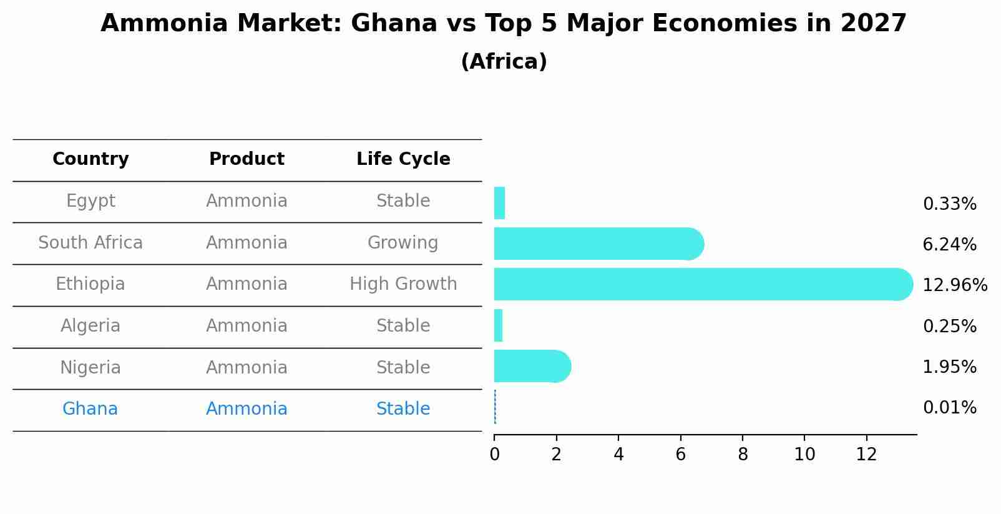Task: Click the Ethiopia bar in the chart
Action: [699, 284]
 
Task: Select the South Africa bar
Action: [596, 244]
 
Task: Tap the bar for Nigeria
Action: [530, 366]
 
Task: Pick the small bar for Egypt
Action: [499, 203]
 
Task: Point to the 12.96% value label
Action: [954, 285]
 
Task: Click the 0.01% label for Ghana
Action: [949, 408]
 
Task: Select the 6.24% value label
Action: [949, 245]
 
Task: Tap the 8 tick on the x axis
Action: [743, 455]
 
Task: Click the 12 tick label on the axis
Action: [866, 455]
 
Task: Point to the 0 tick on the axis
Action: [494, 455]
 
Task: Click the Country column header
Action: [90, 159]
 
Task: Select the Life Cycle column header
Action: [403, 159]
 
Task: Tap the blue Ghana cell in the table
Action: [90, 409]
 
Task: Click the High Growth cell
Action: [403, 284]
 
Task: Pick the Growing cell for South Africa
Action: [403, 243]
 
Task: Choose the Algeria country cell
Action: [90, 326]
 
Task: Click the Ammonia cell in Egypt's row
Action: [247, 201]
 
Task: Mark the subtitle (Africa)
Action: [504, 62]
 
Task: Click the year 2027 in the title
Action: [873, 24]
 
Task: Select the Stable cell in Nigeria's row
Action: [403, 368]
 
